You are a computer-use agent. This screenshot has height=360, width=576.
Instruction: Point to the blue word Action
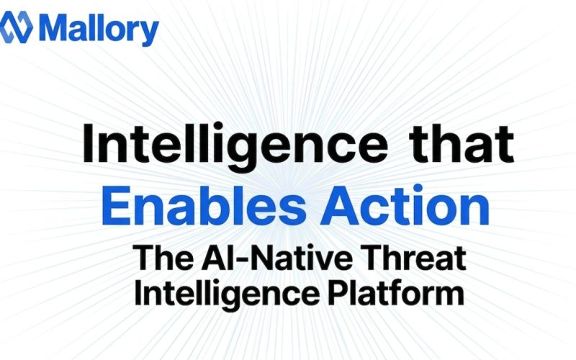(x=423, y=205)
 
